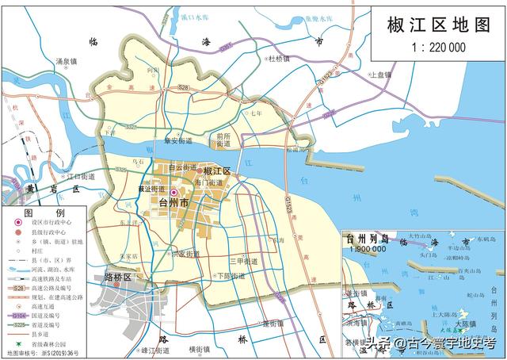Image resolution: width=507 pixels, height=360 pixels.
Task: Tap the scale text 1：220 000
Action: [x=437, y=48]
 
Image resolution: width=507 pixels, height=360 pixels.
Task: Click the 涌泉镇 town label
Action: [x=67, y=61]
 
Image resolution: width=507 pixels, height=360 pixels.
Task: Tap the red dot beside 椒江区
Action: [x=199, y=171]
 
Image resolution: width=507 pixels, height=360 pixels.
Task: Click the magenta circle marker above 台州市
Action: [x=173, y=192]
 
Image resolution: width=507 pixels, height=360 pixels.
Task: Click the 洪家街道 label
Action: [x=190, y=254]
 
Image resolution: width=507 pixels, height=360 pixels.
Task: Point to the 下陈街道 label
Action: [x=231, y=276]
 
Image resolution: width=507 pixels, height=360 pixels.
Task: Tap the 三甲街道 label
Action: [x=242, y=261]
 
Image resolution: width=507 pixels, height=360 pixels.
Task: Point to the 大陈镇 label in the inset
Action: [x=465, y=325]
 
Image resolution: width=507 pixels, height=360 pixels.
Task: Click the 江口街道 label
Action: [x=79, y=176]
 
